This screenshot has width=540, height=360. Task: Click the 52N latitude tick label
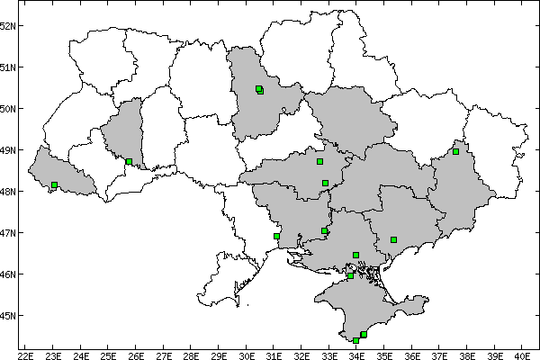coord(10,25)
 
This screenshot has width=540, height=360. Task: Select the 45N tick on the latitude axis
coord(10,316)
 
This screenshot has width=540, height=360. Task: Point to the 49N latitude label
coord(10,150)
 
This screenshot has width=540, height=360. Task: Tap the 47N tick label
coord(10,233)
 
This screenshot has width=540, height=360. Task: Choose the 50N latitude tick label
coord(10,109)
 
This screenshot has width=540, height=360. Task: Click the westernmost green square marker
coord(55,184)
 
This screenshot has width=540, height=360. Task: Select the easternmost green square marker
coord(455,151)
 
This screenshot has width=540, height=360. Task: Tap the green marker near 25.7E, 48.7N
coord(130,161)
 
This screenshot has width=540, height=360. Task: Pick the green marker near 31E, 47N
coord(276,236)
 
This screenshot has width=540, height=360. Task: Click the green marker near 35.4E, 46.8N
coord(393,239)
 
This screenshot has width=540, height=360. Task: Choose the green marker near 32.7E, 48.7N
coord(319,161)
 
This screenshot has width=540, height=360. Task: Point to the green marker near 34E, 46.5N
coord(356,255)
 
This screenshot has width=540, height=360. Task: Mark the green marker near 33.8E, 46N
coord(350,275)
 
